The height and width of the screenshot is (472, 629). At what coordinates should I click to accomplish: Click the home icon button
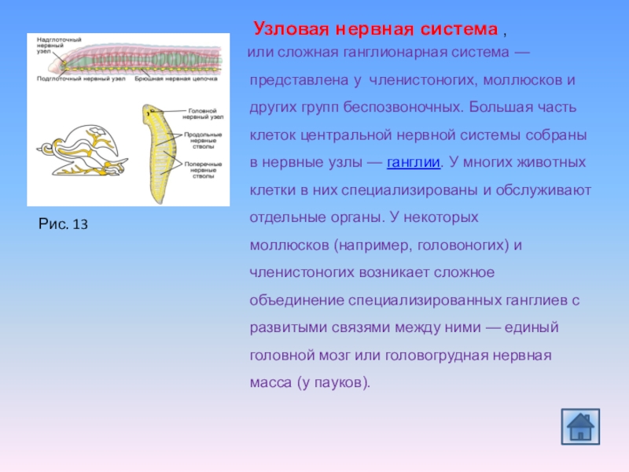click(x=580, y=425)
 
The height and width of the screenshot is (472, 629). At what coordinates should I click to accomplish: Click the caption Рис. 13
click(x=63, y=224)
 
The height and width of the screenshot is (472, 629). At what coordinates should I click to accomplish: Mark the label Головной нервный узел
click(x=206, y=115)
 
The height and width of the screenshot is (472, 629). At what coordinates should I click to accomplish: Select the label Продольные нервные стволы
click(x=206, y=141)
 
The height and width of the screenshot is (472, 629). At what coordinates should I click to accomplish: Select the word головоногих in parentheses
click(x=457, y=245)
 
